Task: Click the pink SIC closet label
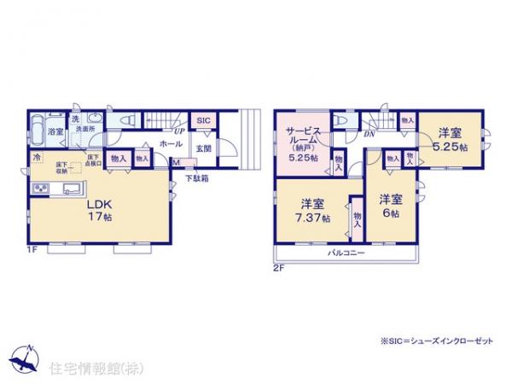coord(203,121)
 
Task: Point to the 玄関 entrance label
coord(202,148)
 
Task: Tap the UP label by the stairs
coord(178,132)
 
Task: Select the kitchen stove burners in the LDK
coord(39,189)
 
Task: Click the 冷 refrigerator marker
coord(37,159)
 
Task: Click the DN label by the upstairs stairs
coord(369,134)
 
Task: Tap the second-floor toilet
coord(344,120)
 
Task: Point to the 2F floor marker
coord(278,267)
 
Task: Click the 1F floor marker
coord(32,249)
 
